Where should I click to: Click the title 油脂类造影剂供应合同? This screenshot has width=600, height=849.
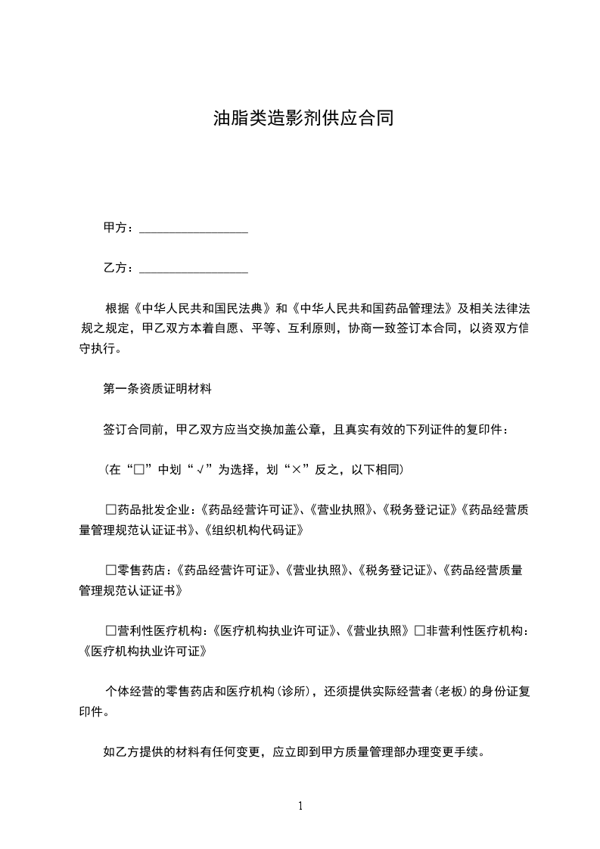click(303, 119)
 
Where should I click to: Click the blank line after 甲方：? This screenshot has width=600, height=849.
click(194, 228)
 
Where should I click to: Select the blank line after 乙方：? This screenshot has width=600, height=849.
click(194, 268)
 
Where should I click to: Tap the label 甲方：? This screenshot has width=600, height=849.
click(119, 228)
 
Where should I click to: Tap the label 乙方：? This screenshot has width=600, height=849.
click(119, 268)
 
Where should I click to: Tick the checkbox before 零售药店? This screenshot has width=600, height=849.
click(110, 569)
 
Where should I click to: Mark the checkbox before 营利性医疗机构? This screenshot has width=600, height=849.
click(110, 630)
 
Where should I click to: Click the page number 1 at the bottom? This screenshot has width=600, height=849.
click(300, 806)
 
